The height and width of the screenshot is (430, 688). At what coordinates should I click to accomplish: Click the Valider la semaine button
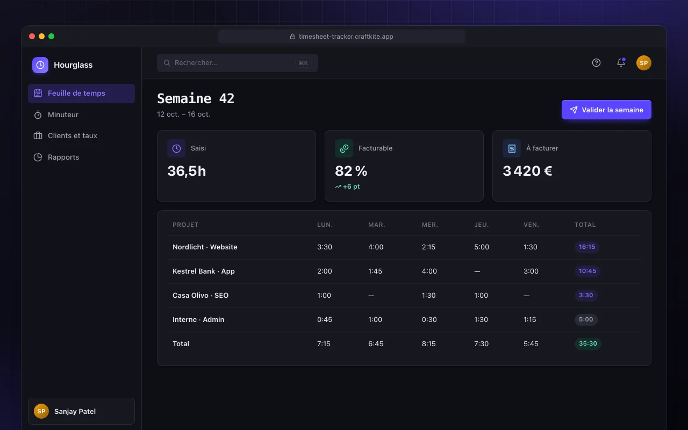[606, 110]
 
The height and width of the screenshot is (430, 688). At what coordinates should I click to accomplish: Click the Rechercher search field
[238, 63]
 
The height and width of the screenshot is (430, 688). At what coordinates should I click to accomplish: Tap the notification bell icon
[621, 62]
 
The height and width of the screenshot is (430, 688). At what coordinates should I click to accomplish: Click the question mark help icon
[596, 63]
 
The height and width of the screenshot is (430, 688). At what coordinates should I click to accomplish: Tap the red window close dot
[32, 36]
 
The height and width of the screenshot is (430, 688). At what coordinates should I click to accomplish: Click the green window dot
[51, 36]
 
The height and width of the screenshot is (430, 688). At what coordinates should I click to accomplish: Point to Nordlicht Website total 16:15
[586, 247]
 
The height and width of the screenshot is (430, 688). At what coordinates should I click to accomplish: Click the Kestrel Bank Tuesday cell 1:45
[375, 271]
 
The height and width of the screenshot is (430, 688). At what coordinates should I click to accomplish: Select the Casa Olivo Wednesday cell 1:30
[428, 296]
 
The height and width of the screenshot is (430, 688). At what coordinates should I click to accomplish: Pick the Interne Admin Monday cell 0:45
[324, 319]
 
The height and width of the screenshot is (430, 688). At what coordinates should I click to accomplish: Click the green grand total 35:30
[588, 343]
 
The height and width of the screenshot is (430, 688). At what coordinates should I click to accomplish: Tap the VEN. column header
[531, 225]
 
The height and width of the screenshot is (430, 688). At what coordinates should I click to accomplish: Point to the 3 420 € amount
[527, 171]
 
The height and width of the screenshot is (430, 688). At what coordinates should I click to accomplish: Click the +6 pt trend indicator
[347, 187]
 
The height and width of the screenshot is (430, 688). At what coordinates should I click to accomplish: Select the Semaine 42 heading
[196, 98]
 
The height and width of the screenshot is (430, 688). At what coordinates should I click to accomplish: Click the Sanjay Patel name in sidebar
[75, 411]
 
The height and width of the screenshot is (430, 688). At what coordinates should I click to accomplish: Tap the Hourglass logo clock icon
[40, 65]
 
